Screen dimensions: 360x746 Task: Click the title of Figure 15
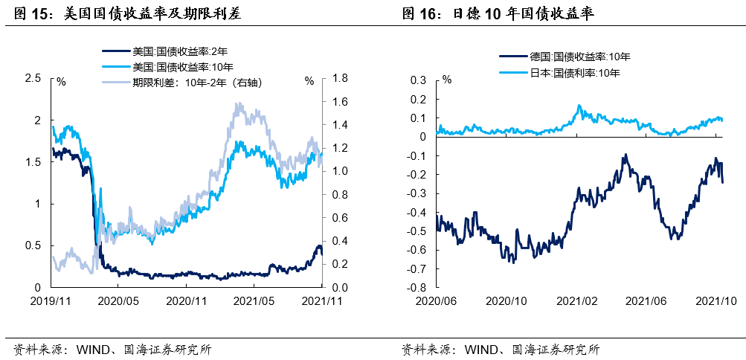click(127, 13)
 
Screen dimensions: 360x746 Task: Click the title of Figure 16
click(498, 13)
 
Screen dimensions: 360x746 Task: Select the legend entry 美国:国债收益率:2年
click(168, 51)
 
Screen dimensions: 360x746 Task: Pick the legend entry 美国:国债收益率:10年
click(170, 67)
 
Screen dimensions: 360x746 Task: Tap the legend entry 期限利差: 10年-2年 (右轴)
click(197, 83)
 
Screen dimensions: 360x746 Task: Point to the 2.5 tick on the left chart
click(32, 78)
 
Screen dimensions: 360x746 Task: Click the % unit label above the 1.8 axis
click(309, 82)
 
